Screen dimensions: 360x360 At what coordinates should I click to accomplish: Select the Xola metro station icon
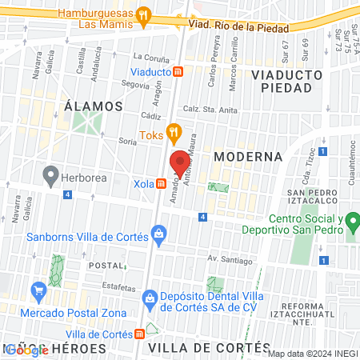(162, 183)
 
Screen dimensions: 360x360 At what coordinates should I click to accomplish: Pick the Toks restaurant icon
(171, 133)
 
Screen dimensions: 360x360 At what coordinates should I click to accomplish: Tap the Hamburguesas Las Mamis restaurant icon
(143, 14)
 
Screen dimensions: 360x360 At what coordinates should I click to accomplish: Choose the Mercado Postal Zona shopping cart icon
(37, 290)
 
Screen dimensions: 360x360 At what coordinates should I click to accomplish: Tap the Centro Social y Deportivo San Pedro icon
(350, 226)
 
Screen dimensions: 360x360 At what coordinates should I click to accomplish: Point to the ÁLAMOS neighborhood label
(93, 106)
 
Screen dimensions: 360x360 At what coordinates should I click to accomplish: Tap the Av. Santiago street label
(230, 260)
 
